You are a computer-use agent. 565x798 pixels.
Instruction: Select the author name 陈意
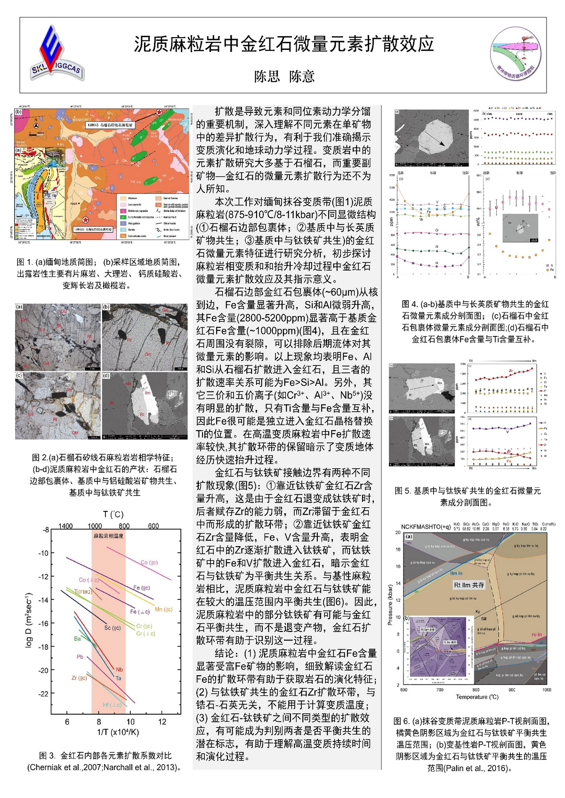click(302, 76)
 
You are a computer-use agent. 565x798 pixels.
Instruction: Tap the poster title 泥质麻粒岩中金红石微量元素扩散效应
click(283, 44)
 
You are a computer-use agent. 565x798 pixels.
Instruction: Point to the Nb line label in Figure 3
click(119, 670)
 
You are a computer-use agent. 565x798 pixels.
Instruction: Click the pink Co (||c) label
click(149, 562)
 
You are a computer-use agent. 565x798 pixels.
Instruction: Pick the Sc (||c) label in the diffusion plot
click(113, 628)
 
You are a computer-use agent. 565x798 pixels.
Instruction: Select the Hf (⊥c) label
click(112, 705)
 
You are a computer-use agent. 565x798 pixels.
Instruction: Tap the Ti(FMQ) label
click(83, 591)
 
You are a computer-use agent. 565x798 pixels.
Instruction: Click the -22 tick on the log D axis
click(43, 694)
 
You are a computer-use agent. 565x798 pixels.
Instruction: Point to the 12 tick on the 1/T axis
click(162, 722)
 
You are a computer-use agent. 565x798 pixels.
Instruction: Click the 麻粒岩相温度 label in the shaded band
click(108, 536)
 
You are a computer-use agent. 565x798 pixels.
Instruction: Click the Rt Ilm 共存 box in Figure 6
click(468, 585)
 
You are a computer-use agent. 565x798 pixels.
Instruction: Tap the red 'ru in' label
click(536, 634)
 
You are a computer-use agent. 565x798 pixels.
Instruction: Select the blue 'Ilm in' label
click(456, 573)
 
